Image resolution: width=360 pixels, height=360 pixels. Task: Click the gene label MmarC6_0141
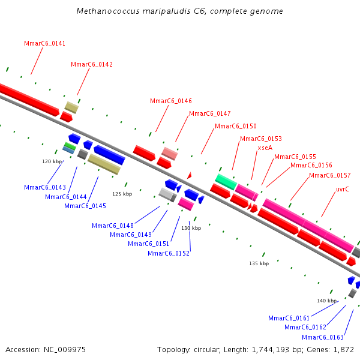[x=45, y=43]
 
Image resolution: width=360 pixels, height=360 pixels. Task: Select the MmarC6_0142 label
[x=92, y=64]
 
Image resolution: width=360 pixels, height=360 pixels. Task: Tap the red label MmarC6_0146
[x=171, y=101]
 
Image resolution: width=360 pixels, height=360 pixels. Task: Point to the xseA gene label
[x=265, y=147]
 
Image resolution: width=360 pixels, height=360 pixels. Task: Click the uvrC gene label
[x=343, y=189]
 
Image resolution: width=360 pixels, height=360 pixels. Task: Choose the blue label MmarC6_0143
[x=45, y=187]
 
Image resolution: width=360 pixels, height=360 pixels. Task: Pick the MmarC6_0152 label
[x=169, y=253]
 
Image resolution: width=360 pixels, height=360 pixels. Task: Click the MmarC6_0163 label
[x=323, y=337]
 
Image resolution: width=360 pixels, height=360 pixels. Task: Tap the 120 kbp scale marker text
[x=52, y=161]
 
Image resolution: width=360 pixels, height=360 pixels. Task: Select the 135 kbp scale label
[x=259, y=263]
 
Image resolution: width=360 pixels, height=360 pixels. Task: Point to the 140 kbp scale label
[x=327, y=301]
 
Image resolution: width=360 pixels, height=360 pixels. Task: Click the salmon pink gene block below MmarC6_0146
[x=170, y=153]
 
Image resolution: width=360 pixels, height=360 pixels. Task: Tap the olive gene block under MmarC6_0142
[x=71, y=107]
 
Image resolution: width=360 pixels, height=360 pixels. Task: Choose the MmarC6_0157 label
[x=330, y=175]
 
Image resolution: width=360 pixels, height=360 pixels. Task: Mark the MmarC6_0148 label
[x=113, y=226]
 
